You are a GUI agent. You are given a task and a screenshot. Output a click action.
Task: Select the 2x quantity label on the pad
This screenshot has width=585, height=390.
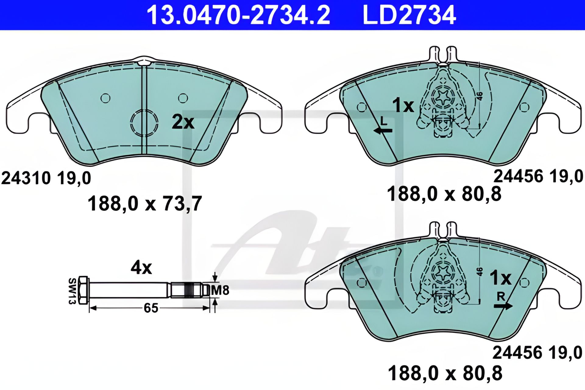pos(183,122)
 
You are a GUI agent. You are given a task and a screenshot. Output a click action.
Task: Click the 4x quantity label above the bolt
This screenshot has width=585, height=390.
pos(141,268)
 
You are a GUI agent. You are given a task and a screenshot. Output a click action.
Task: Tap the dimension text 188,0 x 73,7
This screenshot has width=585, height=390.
pos(145,204)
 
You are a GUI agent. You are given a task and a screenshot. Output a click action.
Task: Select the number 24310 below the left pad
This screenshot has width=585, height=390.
pos(26,178)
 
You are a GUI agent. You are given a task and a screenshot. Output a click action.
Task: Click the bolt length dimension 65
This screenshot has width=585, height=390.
pos(151,308)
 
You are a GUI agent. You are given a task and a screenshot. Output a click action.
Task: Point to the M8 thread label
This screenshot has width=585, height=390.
pos(220,290)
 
